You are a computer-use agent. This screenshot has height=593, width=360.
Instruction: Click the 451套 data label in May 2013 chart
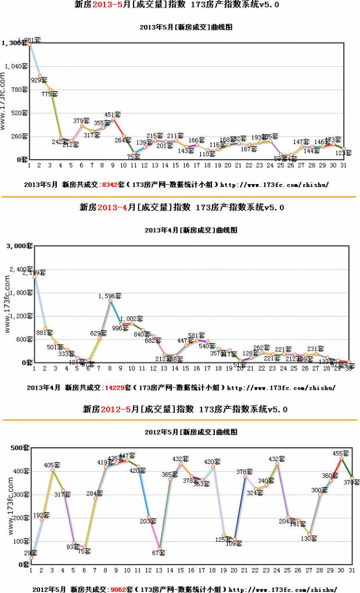point(112,114)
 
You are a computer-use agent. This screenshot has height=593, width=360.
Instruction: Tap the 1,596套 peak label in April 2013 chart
point(106,296)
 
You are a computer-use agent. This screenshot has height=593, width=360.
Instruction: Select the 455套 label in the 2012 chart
point(341,453)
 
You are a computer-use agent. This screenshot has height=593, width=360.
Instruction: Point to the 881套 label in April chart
point(45,333)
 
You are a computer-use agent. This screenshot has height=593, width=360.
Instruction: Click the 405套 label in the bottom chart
point(53,465)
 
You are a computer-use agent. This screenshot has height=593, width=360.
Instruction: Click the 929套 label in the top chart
point(39,80)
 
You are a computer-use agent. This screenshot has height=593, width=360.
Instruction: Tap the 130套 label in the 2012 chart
point(309,538)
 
